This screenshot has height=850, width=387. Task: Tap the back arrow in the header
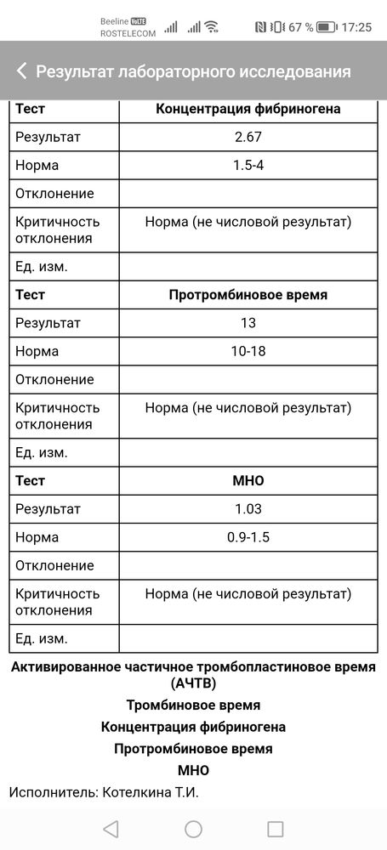[21, 71]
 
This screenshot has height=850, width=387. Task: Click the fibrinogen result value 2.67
[248, 137]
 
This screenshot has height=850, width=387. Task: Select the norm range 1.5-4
[248, 165]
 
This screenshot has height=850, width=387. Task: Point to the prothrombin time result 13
[248, 323]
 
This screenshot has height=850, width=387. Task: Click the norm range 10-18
[248, 351]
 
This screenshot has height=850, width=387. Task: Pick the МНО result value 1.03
[248, 509]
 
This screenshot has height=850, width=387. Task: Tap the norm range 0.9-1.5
[248, 537]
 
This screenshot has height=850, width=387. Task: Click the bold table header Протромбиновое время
[248, 295]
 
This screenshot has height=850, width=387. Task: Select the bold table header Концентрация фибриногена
[248, 109]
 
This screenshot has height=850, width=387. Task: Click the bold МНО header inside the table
[248, 481]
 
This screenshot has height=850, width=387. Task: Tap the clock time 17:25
[356, 26]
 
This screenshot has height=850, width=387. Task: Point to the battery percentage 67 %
[299, 26]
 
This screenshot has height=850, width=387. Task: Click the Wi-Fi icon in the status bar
[211, 26]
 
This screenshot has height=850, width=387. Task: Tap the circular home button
[193, 829]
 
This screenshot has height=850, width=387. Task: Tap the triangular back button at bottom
[111, 829]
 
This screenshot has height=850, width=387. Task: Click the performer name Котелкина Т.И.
[151, 792]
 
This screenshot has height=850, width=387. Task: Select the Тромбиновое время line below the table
[193, 705]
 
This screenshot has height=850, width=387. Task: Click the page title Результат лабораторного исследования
[193, 71]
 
